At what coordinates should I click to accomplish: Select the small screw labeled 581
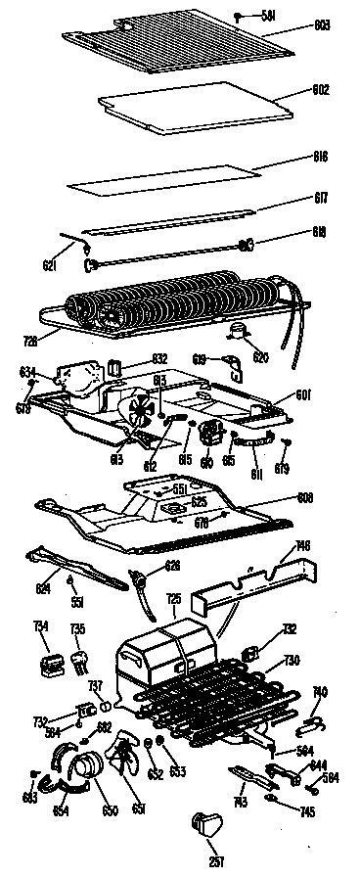[238, 16]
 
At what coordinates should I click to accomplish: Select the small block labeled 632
[114, 368]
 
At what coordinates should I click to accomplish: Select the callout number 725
[173, 598]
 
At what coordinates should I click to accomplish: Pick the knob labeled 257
[207, 825]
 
